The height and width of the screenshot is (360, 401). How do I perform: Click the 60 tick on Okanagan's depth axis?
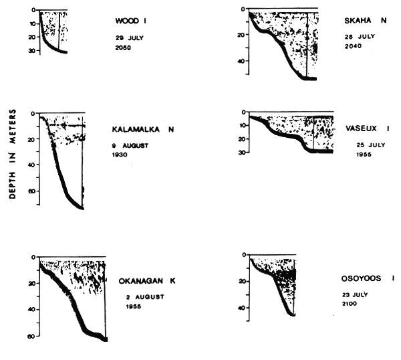coord(31,335)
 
